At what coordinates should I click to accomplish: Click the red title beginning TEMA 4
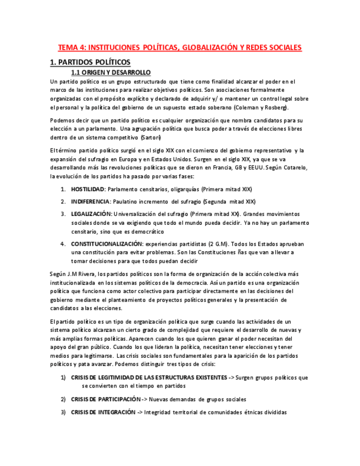[180, 48]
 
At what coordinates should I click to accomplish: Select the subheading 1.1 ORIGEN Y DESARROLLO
[111, 73]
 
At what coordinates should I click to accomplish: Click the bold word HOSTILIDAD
[87, 189]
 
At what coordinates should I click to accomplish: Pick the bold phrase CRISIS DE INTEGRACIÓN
[103, 412]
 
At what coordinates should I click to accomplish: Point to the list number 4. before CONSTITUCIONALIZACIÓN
[63, 243]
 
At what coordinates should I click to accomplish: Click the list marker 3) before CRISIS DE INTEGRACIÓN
[63, 412]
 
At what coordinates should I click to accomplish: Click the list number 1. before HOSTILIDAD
[63, 189]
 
